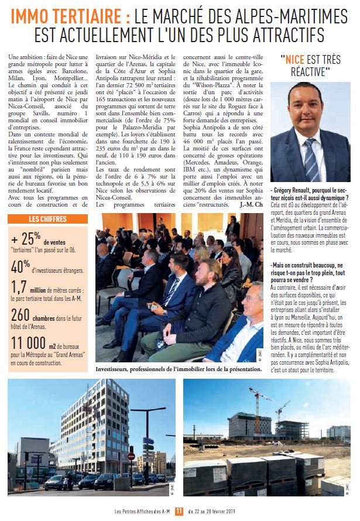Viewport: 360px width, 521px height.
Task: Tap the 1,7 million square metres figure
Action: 20,287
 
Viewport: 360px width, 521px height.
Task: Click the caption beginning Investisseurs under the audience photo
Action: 179,369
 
